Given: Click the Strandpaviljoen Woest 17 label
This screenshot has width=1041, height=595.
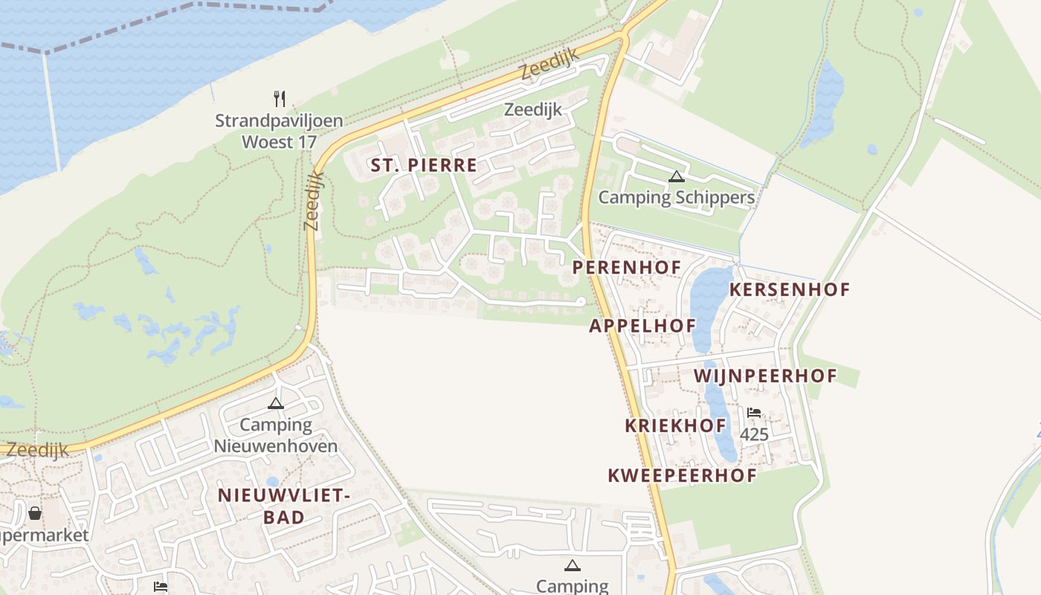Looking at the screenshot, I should click(279, 131).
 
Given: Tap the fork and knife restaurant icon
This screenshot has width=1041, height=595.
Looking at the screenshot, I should click(280, 98).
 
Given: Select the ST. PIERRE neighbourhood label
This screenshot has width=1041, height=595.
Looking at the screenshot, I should click(424, 165).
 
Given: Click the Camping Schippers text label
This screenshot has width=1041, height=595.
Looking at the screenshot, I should click(676, 197).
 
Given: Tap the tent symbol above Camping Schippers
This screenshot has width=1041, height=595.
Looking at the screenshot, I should click(676, 176).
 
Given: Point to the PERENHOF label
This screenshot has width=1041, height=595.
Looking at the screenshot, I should click(627, 266).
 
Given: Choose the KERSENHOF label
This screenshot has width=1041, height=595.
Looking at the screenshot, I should click(789, 289).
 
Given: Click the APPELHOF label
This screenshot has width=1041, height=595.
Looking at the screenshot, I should click(642, 325).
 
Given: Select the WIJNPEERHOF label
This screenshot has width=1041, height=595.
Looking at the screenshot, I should click(766, 376).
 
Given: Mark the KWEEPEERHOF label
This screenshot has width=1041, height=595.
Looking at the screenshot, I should click(682, 475).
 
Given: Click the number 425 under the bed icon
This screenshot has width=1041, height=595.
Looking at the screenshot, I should click(754, 434).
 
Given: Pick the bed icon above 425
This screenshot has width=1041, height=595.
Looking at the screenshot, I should click(754, 413).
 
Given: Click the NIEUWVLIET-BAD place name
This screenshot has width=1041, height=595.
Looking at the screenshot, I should click(283, 506).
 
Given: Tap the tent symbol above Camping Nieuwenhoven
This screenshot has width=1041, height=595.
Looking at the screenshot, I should click(276, 404).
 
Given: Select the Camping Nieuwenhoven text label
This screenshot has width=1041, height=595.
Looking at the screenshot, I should click(276, 436).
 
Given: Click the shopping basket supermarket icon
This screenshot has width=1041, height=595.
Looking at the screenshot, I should click(35, 513).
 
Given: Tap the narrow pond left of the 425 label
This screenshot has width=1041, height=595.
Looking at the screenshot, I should click(719, 413).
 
